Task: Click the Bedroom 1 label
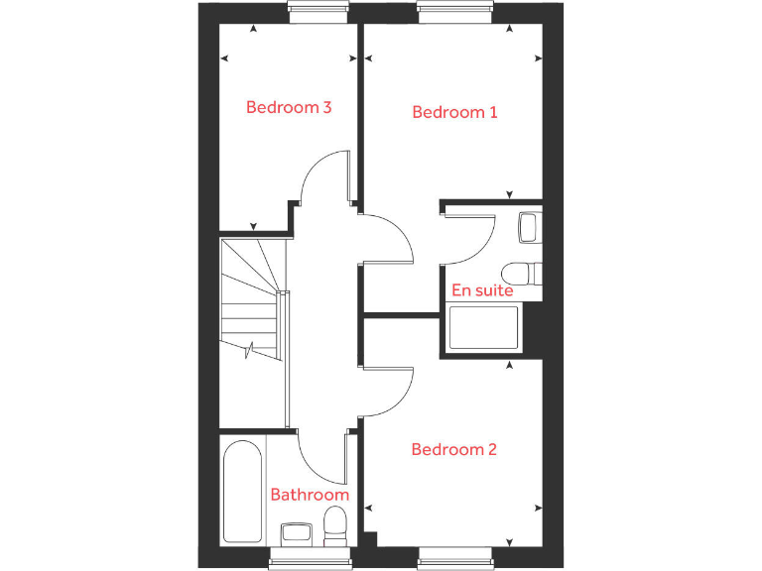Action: click(454, 112)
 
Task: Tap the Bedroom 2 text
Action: click(453, 449)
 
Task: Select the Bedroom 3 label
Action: click(289, 107)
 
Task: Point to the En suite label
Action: click(482, 290)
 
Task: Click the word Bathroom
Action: click(310, 494)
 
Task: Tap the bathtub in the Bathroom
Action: click(243, 490)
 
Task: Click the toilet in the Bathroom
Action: click(335, 524)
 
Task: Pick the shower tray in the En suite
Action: click(484, 328)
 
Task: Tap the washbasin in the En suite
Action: click(530, 227)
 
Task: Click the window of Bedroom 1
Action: click(455, 12)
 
